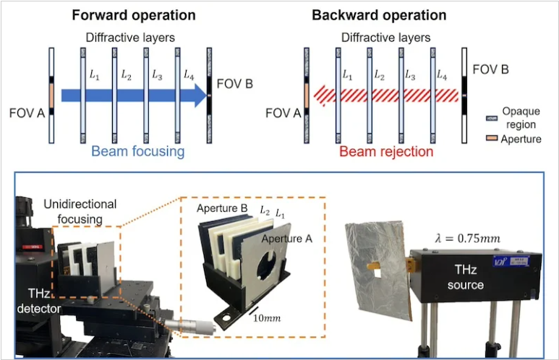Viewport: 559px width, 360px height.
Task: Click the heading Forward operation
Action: click(x=134, y=15)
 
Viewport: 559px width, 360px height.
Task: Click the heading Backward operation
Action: click(x=379, y=15)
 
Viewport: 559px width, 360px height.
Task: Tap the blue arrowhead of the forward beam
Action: click(x=200, y=95)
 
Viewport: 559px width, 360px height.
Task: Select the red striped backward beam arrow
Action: click(x=385, y=96)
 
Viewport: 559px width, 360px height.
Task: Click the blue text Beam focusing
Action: click(x=138, y=151)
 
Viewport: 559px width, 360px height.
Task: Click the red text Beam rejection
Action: click(x=386, y=152)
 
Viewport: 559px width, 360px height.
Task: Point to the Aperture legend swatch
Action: click(x=492, y=138)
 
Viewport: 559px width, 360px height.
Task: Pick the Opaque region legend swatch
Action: click(x=492, y=119)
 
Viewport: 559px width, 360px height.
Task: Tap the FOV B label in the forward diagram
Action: click(x=235, y=84)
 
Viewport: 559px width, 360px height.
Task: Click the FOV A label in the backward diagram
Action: click(x=283, y=113)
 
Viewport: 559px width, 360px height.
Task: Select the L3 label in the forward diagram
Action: click(x=157, y=75)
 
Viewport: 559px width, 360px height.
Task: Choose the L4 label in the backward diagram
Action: click(x=442, y=75)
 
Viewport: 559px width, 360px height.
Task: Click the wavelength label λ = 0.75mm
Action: click(x=467, y=238)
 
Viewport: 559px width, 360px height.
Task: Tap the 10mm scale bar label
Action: click(x=267, y=318)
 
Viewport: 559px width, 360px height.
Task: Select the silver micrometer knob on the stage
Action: click(x=190, y=326)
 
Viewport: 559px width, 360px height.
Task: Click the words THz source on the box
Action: click(x=466, y=277)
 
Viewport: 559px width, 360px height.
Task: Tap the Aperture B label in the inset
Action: click(x=222, y=208)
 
